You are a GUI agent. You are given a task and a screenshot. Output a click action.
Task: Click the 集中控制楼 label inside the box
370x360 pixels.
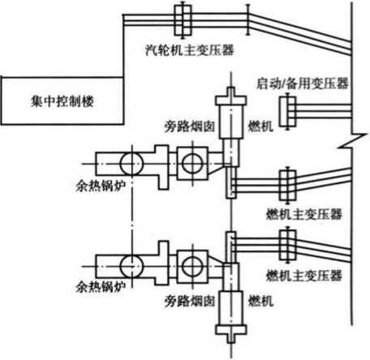click(x=62, y=101)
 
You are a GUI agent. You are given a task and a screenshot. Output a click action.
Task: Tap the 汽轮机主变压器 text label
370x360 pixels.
click(x=189, y=50)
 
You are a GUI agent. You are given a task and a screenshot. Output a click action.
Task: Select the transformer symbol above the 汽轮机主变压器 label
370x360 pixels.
click(x=183, y=20)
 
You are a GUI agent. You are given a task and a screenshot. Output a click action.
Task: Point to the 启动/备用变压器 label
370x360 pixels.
click(x=303, y=84)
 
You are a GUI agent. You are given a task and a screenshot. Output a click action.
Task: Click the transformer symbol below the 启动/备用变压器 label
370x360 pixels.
click(x=288, y=111)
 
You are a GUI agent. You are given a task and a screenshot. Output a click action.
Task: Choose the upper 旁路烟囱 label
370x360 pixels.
click(x=189, y=126)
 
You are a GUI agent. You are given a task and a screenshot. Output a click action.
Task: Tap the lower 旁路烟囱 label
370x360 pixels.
click(x=189, y=301)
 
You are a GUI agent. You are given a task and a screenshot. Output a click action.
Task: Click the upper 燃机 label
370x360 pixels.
click(x=260, y=126)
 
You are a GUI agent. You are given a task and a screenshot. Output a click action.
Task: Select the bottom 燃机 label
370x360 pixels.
click(x=260, y=301)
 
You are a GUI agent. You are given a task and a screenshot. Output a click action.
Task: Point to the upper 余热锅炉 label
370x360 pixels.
click(x=101, y=186)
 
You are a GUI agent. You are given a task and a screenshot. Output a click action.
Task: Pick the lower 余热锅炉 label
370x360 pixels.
click(x=101, y=287)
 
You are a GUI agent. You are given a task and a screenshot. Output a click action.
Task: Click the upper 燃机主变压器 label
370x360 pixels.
click(x=304, y=215)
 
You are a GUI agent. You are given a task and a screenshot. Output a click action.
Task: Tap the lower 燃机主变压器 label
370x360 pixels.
click(x=304, y=276)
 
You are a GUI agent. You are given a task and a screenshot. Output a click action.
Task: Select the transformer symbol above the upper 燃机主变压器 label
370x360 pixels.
click(x=288, y=185)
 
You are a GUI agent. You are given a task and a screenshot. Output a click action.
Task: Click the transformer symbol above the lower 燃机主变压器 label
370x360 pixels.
click(x=288, y=245)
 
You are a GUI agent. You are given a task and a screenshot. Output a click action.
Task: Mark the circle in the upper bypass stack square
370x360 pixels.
click(x=192, y=163)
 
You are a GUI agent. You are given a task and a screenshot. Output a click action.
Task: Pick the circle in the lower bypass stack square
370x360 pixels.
click(x=192, y=267)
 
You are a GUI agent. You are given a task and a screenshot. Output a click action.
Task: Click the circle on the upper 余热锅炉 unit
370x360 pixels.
click(x=131, y=164)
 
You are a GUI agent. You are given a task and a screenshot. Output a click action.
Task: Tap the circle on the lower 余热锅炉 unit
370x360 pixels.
click(x=131, y=267)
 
